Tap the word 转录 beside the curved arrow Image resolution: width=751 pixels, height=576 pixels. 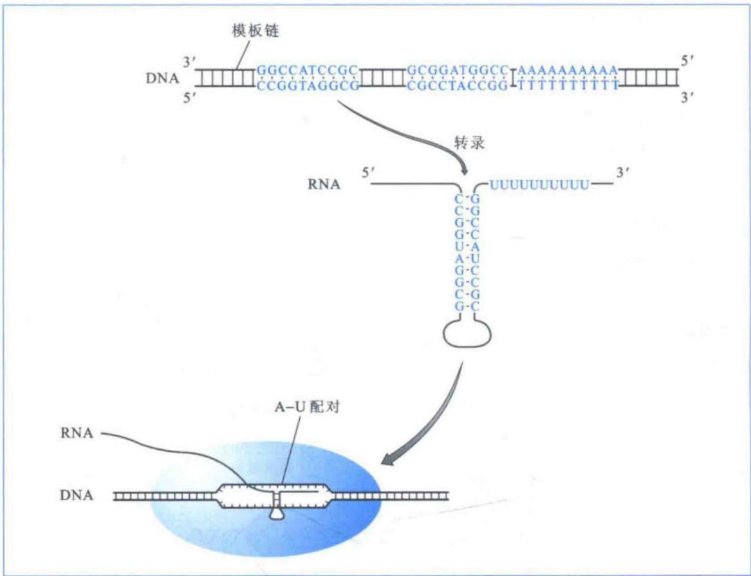(x=469, y=143)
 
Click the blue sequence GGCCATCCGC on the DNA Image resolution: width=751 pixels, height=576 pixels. (x=308, y=71)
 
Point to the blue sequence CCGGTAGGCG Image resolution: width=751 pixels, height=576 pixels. (x=308, y=86)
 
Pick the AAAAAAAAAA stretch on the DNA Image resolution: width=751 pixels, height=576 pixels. (x=568, y=71)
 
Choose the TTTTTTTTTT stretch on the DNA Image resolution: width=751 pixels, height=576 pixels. (x=568, y=86)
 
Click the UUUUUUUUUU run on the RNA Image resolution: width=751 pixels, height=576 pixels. (x=539, y=184)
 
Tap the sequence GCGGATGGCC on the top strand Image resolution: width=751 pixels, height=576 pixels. (x=457, y=71)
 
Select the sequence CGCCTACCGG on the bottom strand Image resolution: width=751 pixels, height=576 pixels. (x=457, y=86)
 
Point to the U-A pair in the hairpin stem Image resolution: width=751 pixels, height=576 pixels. (x=467, y=247)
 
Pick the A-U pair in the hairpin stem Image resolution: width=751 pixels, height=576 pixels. (x=467, y=259)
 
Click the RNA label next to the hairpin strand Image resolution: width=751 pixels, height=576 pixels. (x=324, y=184)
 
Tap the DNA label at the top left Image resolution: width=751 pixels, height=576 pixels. (x=162, y=78)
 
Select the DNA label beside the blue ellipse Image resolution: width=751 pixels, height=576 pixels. (x=76, y=495)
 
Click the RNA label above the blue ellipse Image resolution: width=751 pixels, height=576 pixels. (x=76, y=433)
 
